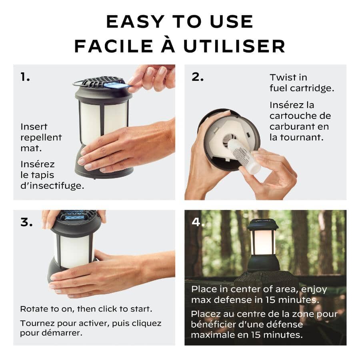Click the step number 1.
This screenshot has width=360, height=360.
coord(25,77)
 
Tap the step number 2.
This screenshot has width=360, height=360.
coord(197,77)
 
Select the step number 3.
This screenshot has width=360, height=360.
coord(26,223)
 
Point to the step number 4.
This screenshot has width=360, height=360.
coord(198,223)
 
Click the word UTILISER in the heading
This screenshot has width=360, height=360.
coord(234,46)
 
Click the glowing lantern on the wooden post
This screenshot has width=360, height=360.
coord(262,244)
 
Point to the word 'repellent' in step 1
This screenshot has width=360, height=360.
coord(41,137)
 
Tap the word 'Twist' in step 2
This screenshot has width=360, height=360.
coord(283,77)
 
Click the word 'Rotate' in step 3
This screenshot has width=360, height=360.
coord(34,309)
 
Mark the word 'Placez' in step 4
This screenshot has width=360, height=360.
coord(205,314)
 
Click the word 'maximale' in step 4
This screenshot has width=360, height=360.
coord(212,334)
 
